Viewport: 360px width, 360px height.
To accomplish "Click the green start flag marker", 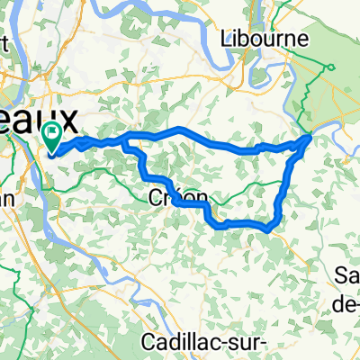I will pos(53,139).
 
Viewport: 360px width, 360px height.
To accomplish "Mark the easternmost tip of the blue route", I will pos(311,137).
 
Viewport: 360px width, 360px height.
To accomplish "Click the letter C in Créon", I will pos(150,195).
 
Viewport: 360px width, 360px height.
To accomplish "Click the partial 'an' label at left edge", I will pos(6,203).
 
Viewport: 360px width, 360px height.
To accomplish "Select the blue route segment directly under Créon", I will pos(184,204).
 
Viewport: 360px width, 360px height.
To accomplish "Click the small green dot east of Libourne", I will pos(330,68).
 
